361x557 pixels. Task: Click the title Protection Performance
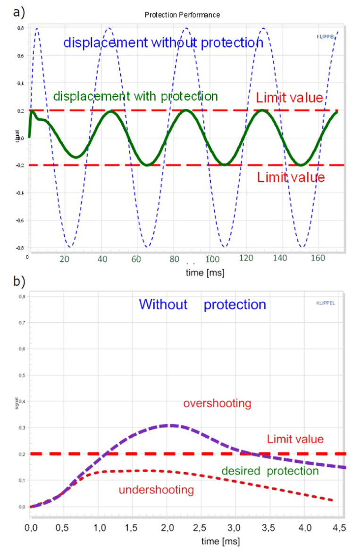(x=182, y=15)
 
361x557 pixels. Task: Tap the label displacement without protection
(x=163, y=42)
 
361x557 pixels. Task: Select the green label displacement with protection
(x=135, y=96)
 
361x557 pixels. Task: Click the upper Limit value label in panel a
(x=289, y=98)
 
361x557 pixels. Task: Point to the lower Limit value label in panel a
(x=291, y=178)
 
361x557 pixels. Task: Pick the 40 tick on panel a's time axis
(x=101, y=259)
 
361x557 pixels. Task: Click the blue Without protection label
(x=203, y=304)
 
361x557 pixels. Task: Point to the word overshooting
(x=218, y=404)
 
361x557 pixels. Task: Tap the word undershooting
(x=156, y=490)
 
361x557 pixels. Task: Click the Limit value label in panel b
(x=295, y=439)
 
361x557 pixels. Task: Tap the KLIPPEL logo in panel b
(x=326, y=303)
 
